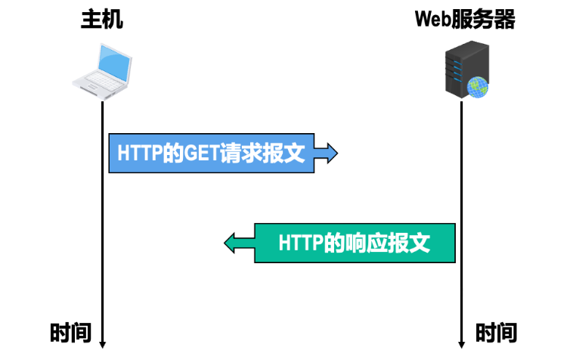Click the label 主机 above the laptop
(x=102, y=20)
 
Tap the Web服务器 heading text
(x=465, y=20)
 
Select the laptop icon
(x=102, y=71)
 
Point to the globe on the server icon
(x=478, y=88)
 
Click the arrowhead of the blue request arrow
(x=330, y=154)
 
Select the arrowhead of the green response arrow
(x=231, y=243)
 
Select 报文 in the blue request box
(x=286, y=154)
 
